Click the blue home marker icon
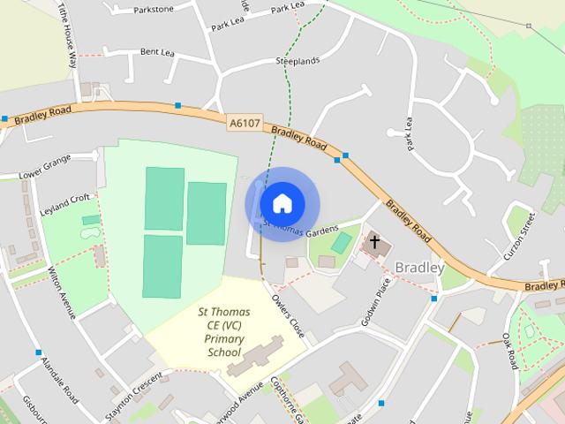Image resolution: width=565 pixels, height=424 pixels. pyautogui.click(x=282, y=203)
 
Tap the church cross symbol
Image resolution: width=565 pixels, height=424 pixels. pyautogui.click(x=374, y=241)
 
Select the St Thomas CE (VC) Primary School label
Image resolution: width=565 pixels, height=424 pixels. pyautogui.click(x=223, y=332)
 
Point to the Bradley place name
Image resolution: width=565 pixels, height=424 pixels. pyautogui.click(x=420, y=267)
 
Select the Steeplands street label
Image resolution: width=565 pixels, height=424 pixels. pyautogui.click(x=297, y=60)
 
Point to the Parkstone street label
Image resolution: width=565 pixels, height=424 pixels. pyautogui.click(x=154, y=11)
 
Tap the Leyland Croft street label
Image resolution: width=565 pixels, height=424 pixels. pyautogui.click(x=65, y=201)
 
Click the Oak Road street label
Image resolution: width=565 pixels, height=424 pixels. pyautogui.click(x=509, y=351)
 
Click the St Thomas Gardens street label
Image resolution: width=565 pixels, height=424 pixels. pyautogui.click(x=301, y=229)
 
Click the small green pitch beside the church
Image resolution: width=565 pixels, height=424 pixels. pyautogui.click(x=342, y=241)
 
